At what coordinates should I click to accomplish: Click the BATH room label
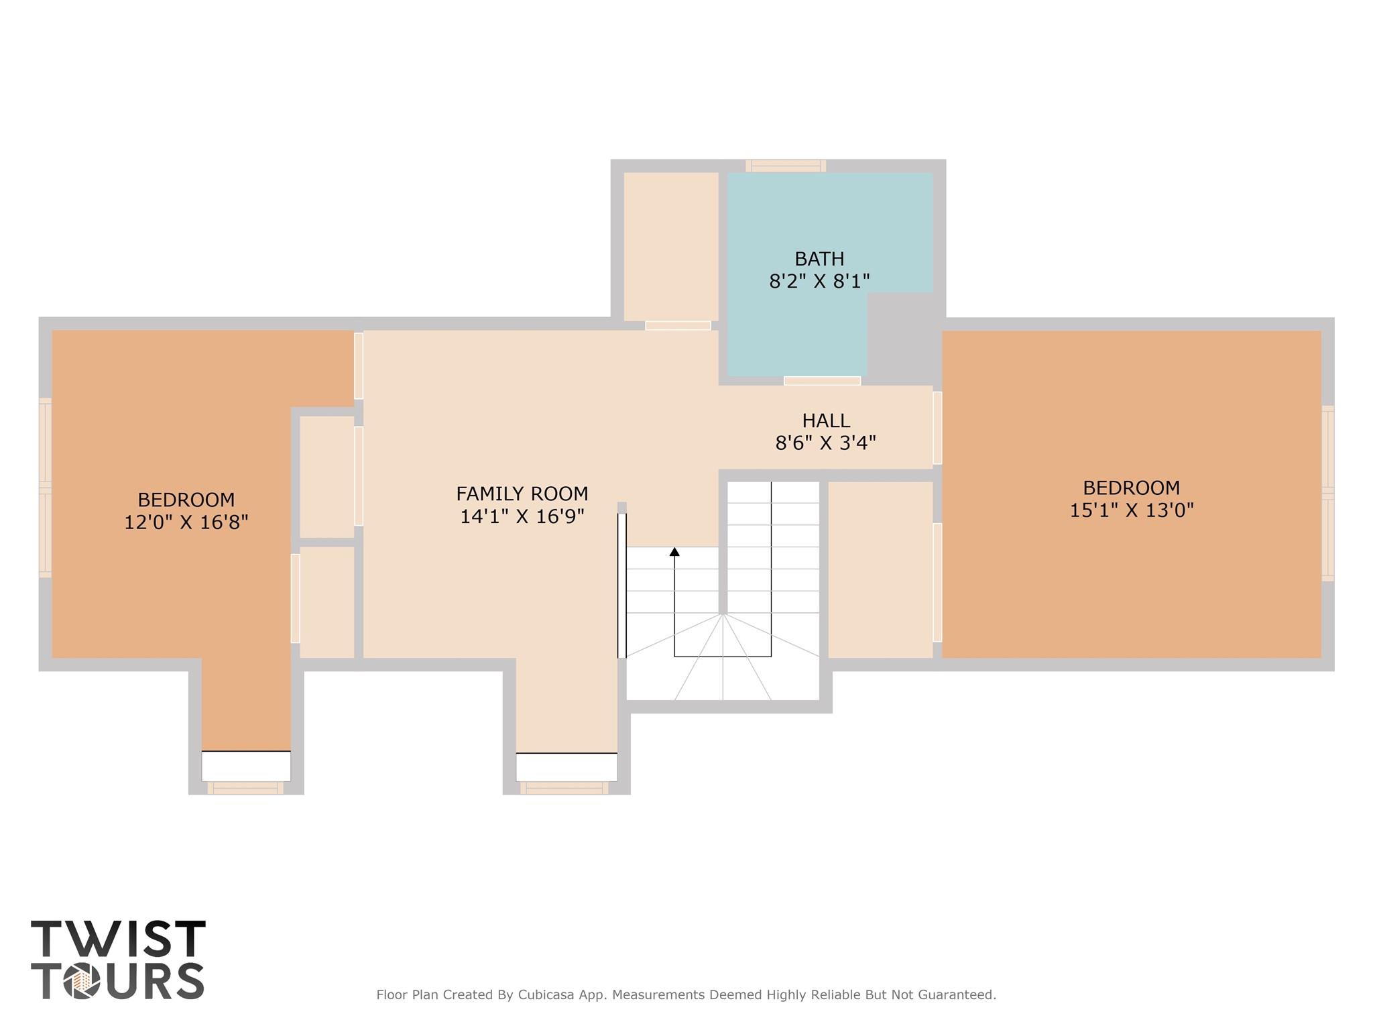coord(819,259)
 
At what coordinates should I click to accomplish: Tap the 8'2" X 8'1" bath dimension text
coord(819,282)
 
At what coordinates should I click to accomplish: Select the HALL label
coord(826,421)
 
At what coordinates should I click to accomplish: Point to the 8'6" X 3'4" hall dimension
coord(826,443)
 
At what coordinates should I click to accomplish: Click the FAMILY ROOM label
coord(522,494)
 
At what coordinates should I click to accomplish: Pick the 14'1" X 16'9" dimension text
coord(522,516)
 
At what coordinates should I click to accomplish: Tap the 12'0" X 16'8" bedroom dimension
coord(186,522)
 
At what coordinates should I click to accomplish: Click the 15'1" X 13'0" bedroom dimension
coord(1131,510)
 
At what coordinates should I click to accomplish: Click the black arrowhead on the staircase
coord(674,552)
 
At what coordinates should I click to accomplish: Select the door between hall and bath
coord(822,381)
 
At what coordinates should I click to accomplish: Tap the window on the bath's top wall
coord(786,166)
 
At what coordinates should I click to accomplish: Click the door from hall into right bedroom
coord(937,428)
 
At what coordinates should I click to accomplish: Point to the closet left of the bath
coord(670,246)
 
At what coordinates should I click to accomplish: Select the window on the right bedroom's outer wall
coord(1327,493)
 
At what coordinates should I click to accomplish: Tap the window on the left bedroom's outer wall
coord(45,488)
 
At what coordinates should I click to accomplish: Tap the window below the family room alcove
coord(565,789)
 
